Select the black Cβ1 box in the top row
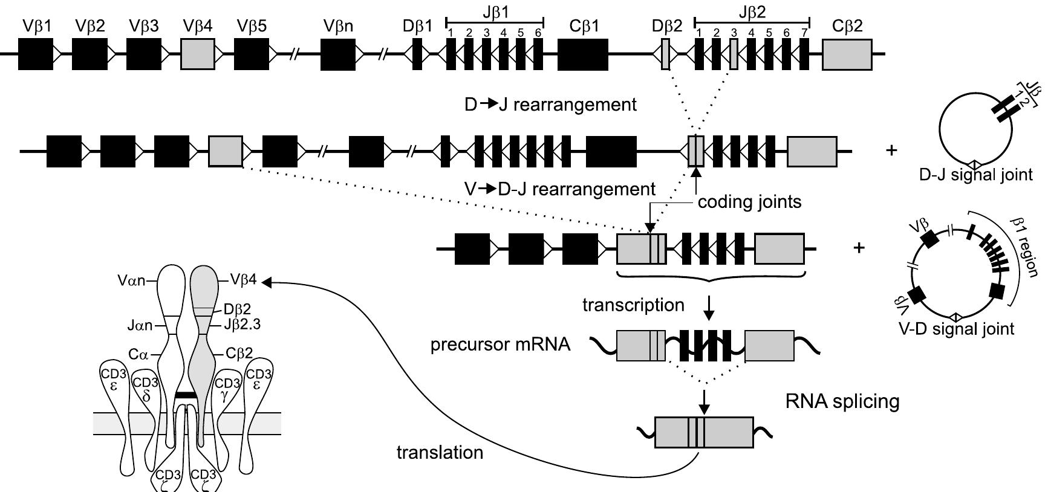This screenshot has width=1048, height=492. tap(582, 54)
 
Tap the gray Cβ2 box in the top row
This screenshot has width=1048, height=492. tap(847, 54)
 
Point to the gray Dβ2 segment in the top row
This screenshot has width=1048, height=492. tap(665, 54)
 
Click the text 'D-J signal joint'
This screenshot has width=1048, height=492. tap(976, 175)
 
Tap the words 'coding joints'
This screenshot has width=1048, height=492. tap(749, 202)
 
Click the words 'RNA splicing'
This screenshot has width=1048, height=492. tap(842, 401)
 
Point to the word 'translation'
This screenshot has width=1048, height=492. tap(440, 452)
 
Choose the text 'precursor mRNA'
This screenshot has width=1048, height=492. tap(500, 345)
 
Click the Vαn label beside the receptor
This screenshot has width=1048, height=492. tap(132, 280)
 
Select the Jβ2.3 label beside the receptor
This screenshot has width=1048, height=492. tap(242, 325)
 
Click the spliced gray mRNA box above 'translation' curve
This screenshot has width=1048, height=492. tap(704, 432)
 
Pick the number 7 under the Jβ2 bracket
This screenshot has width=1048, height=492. tap(803, 32)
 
